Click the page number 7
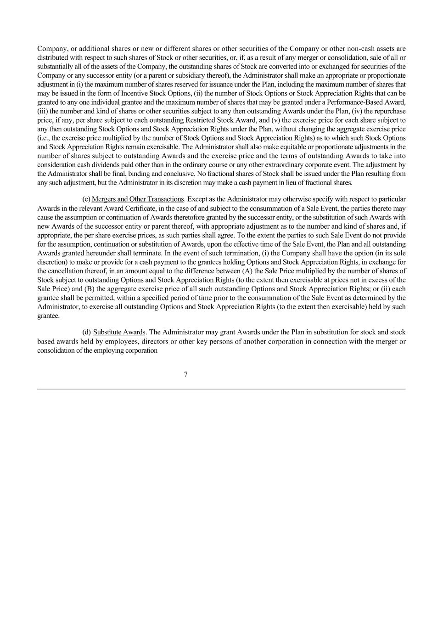click(x=185, y=374)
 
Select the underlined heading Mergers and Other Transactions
click(x=138, y=199)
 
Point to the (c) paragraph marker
click(x=86, y=199)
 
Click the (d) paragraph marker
click(x=86, y=332)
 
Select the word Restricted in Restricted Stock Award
click(x=201, y=120)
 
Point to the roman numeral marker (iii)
click(x=44, y=111)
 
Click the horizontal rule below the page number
click(x=221, y=389)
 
